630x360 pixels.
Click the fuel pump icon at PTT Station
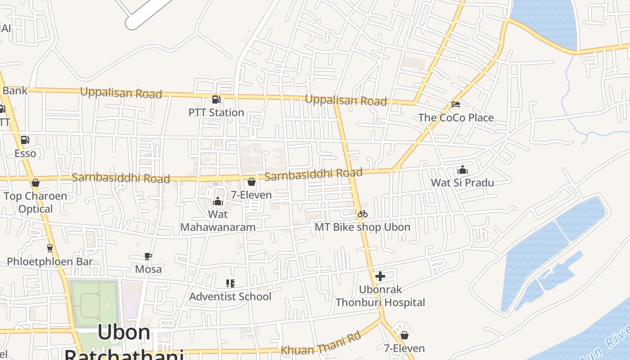coord(216,99)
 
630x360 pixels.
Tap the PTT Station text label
coord(216,112)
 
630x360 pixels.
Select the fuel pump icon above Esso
coord(25,140)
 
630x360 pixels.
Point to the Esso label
coord(25,153)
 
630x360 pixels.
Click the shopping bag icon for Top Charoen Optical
coord(36,183)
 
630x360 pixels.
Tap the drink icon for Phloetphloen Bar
coord(50,248)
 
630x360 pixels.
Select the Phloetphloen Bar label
coord(50,261)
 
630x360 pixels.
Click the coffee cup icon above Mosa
coord(148,256)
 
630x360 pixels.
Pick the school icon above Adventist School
coord(230,283)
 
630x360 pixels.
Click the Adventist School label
coord(230,297)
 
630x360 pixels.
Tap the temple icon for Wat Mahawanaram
coord(218,201)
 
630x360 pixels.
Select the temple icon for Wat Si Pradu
coord(462,170)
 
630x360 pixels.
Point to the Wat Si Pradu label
coord(462,183)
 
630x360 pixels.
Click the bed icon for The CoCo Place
coord(456,104)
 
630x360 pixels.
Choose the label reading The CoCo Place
coord(456,118)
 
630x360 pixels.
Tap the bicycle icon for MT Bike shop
coord(363,214)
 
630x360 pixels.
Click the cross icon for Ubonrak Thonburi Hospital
coord(380,276)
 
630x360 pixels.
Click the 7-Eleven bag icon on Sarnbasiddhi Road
coord(252,182)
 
